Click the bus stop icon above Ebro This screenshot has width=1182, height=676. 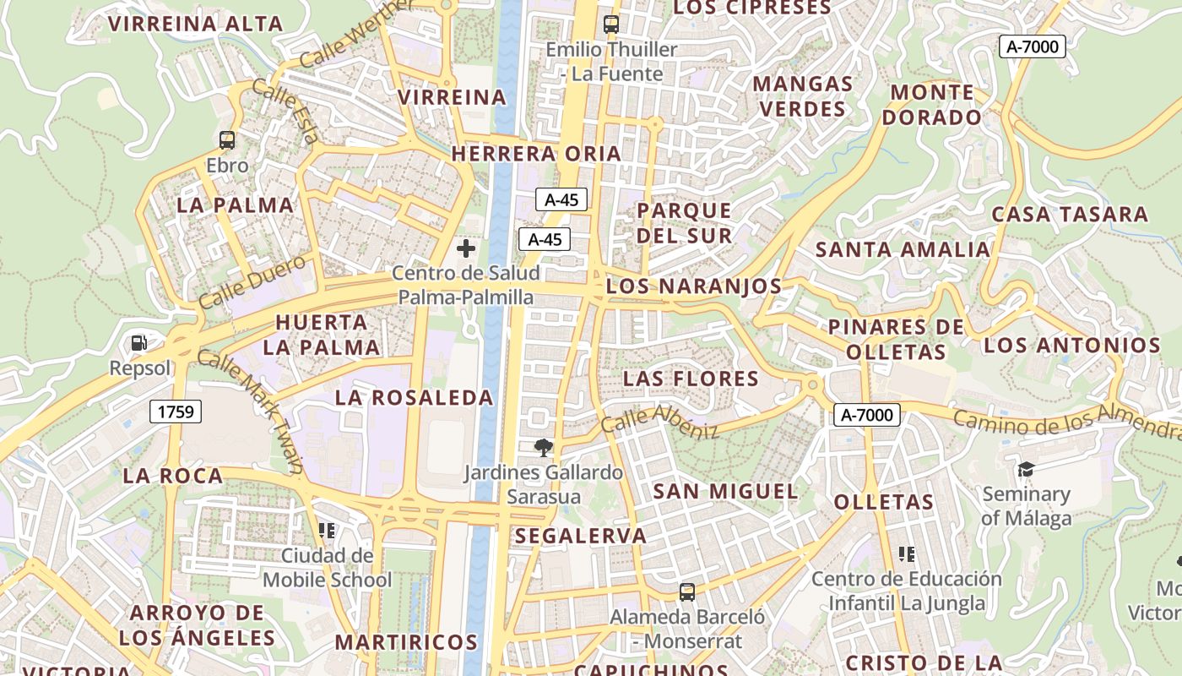(226, 140)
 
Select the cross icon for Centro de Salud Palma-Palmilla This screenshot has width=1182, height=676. (465, 248)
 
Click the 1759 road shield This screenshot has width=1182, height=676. (176, 412)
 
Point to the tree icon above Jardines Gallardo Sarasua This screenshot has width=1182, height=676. (544, 448)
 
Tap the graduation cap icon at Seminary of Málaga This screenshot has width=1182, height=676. (1026, 469)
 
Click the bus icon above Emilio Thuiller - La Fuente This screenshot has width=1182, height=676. (611, 25)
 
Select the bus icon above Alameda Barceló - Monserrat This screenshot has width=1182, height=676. (687, 591)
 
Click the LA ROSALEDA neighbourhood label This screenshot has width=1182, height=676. (414, 397)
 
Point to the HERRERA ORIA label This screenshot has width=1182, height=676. (536, 154)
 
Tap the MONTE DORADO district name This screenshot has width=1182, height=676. (932, 104)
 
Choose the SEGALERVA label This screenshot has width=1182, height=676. (581, 536)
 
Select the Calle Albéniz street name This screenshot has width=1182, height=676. (659, 421)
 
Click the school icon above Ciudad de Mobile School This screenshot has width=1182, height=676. (327, 531)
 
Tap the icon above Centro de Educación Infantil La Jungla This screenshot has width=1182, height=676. (907, 554)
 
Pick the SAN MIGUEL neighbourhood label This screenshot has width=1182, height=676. (725, 491)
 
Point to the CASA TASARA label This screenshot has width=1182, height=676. (1070, 214)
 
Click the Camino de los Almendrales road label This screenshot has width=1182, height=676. (1067, 422)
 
